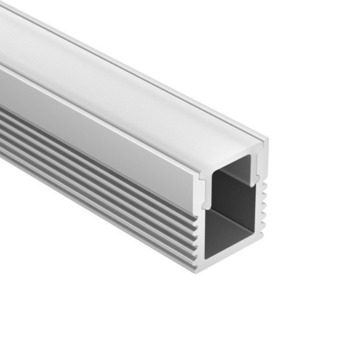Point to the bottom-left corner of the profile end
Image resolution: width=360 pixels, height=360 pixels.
point(196,270)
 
